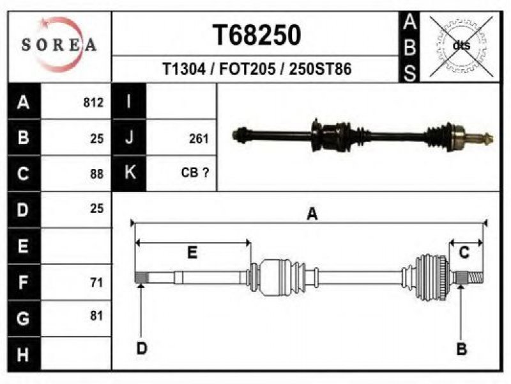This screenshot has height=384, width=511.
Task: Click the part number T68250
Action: (257, 35)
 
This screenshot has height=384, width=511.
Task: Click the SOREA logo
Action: (59, 44)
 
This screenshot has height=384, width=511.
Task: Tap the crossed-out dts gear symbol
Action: (461, 46)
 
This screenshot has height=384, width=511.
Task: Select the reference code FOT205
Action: (247, 69)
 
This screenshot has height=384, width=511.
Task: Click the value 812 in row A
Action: (93, 102)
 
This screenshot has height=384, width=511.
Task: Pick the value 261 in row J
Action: (199, 139)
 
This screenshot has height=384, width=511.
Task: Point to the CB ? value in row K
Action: (195, 172)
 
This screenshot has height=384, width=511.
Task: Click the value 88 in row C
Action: (97, 173)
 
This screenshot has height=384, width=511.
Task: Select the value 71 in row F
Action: (97, 282)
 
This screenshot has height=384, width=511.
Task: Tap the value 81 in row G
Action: (97, 316)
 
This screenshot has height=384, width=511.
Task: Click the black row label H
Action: (24, 354)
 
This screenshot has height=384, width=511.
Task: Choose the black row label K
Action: (129, 173)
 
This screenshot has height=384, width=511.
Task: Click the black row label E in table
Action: (24, 246)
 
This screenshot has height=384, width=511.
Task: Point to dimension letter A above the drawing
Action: (312, 214)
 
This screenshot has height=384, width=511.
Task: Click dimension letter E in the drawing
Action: (192, 252)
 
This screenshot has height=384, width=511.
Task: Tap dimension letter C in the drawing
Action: (464, 252)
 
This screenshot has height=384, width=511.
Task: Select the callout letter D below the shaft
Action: (142, 348)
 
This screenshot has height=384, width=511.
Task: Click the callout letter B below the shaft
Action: (461, 349)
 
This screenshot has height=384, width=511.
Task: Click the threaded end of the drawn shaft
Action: (475, 278)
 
